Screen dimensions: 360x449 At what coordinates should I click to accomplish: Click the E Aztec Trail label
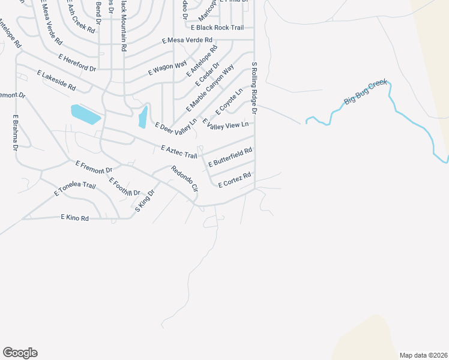coord(179,152)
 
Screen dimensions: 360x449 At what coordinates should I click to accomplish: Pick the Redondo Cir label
coord(185,178)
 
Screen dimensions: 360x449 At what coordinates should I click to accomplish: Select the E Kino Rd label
coord(74,218)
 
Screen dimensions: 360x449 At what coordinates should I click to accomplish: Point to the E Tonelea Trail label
coord(75,190)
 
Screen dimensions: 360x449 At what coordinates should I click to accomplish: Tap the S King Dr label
coord(145,200)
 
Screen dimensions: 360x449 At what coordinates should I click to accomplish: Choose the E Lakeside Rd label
coord(56,80)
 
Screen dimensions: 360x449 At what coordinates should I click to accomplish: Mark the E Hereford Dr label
coord(77,62)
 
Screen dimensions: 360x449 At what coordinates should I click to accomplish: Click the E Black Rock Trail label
coord(217,28)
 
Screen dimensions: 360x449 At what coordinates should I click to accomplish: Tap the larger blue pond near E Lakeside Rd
coord(86,114)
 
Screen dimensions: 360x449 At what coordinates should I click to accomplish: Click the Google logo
coord(20,353)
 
